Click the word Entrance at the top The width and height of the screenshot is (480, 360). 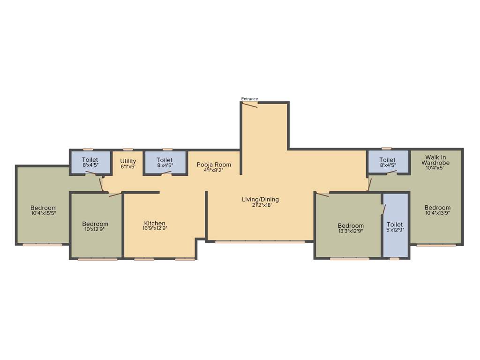(x=249, y=99)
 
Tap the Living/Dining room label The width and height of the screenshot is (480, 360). (x=260, y=200)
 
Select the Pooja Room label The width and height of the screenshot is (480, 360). (x=214, y=165)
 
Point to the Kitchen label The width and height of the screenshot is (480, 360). (x=155, y=223)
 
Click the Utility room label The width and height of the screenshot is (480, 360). (x=128, y=161)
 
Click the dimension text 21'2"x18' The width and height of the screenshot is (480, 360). (x=260, y=205)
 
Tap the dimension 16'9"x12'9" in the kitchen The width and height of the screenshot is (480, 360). (x=155, y=228)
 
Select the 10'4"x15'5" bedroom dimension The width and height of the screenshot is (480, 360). (x=44, y=213)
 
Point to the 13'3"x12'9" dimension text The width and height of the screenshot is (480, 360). (x=351, y=231)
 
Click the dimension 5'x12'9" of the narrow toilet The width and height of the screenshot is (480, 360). (x=395, y=230)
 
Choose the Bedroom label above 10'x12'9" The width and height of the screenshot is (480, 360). (x=95, y=224)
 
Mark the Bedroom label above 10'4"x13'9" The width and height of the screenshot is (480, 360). (x=437, y=208)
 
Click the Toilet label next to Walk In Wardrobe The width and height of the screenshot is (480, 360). (x=387, y=160)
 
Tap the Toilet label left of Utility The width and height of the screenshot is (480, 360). (x=90, y=160)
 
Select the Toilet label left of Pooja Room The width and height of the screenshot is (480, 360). (x=165, y=160)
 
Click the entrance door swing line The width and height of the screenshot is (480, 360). (x=250, y=105)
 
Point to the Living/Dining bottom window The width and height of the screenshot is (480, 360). (x=260, y=242)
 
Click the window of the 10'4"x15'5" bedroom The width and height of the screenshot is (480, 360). (x=43, y=244)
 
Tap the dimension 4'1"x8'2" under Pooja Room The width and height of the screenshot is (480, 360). (x=214, y=170)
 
